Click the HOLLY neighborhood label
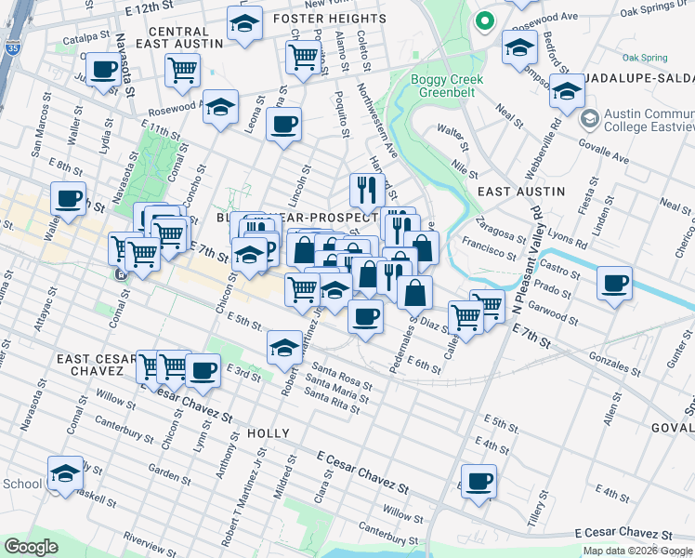point(269,433)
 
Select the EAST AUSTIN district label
point(520,191)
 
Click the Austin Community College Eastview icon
point(588,119)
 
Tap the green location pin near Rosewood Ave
point(483,20)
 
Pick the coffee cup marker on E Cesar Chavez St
point(479,481)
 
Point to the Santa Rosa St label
point(343,376)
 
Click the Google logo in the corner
point(31,546)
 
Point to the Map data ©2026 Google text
point(637,551)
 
